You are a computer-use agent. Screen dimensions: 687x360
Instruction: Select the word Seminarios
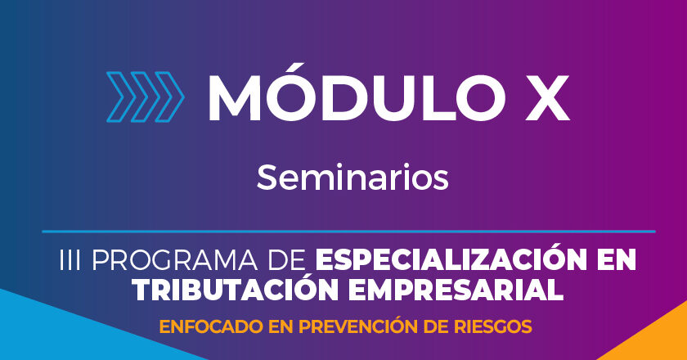(352, 177)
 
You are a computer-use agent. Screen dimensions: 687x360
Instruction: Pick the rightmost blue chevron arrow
(169, 97)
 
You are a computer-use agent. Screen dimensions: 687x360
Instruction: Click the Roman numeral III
(70, 260)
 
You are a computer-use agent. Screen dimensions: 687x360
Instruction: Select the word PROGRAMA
(174, 260)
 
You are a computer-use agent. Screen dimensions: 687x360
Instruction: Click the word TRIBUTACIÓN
(236, 289)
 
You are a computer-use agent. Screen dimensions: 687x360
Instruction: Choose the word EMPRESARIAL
(456, 290)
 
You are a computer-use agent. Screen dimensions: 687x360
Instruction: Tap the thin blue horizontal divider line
(348, 231)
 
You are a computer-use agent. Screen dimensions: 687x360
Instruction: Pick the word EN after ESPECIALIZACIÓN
(617, 260)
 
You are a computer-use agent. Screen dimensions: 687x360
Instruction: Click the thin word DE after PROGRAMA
(286, 260)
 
